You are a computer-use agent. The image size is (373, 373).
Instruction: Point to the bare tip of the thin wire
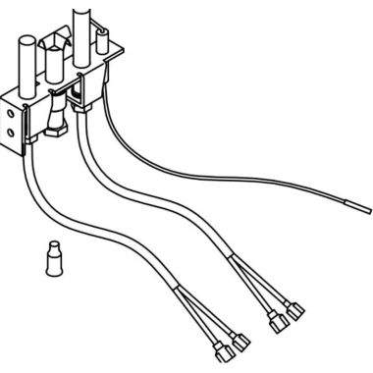[x=364, y=208]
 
